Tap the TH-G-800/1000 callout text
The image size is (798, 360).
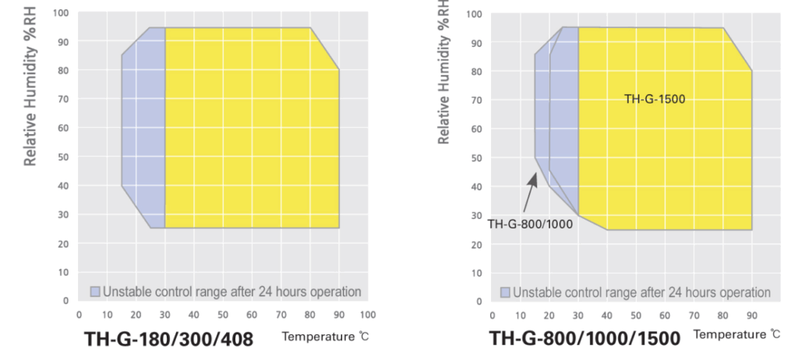click(x=530, y=224)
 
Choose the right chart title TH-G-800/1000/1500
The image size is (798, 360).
click(x=584, y=339)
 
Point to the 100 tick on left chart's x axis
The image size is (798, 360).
click(x=369, y=315)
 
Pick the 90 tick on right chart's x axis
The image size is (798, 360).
click(x=751, y=315)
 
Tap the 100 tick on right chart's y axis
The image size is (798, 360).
click(x=475, y=14)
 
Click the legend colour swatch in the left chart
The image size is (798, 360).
click(x=95, y=291)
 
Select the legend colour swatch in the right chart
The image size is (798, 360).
click(x=505, y=292)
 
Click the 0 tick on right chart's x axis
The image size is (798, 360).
click(x=492, y=315)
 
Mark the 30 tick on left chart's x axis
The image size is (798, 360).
click(x=165, y=315)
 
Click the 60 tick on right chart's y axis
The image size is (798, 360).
click(x=477, y=129)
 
